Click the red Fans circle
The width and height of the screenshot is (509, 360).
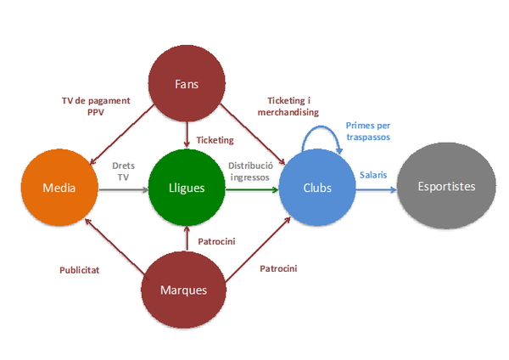coord(187,84)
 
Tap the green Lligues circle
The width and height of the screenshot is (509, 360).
coord(187,188)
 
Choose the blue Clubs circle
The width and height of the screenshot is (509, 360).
coord(316,188)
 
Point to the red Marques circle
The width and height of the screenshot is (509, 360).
coord(184,290)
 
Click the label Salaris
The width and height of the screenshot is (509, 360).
coord(372,174)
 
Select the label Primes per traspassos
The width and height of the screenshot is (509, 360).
coord(369,131)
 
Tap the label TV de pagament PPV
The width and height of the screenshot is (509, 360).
coord(97,105)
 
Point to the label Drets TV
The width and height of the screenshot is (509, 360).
coord(124,172)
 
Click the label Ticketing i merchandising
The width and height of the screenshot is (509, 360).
coord(288,106)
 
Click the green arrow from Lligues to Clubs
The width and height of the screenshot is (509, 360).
coord(252,189)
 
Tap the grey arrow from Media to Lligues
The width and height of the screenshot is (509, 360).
coord(122,189)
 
